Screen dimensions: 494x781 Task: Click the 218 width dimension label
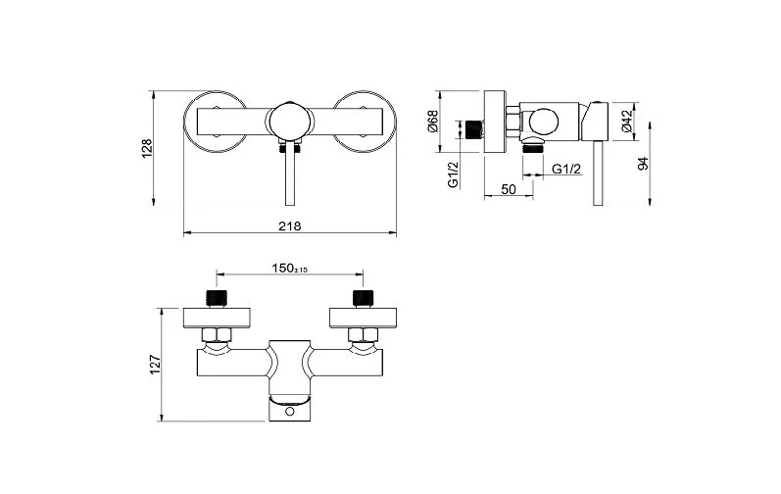click(289, 225)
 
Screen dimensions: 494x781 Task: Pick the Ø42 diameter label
click(625, 121)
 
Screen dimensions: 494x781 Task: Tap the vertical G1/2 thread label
click(454, 174)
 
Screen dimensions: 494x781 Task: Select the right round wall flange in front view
click(366, 121)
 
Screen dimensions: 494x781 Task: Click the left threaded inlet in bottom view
click(216, 298)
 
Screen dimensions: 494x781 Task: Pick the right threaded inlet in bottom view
click(363, 298)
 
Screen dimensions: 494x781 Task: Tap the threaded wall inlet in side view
click(477, 128)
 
